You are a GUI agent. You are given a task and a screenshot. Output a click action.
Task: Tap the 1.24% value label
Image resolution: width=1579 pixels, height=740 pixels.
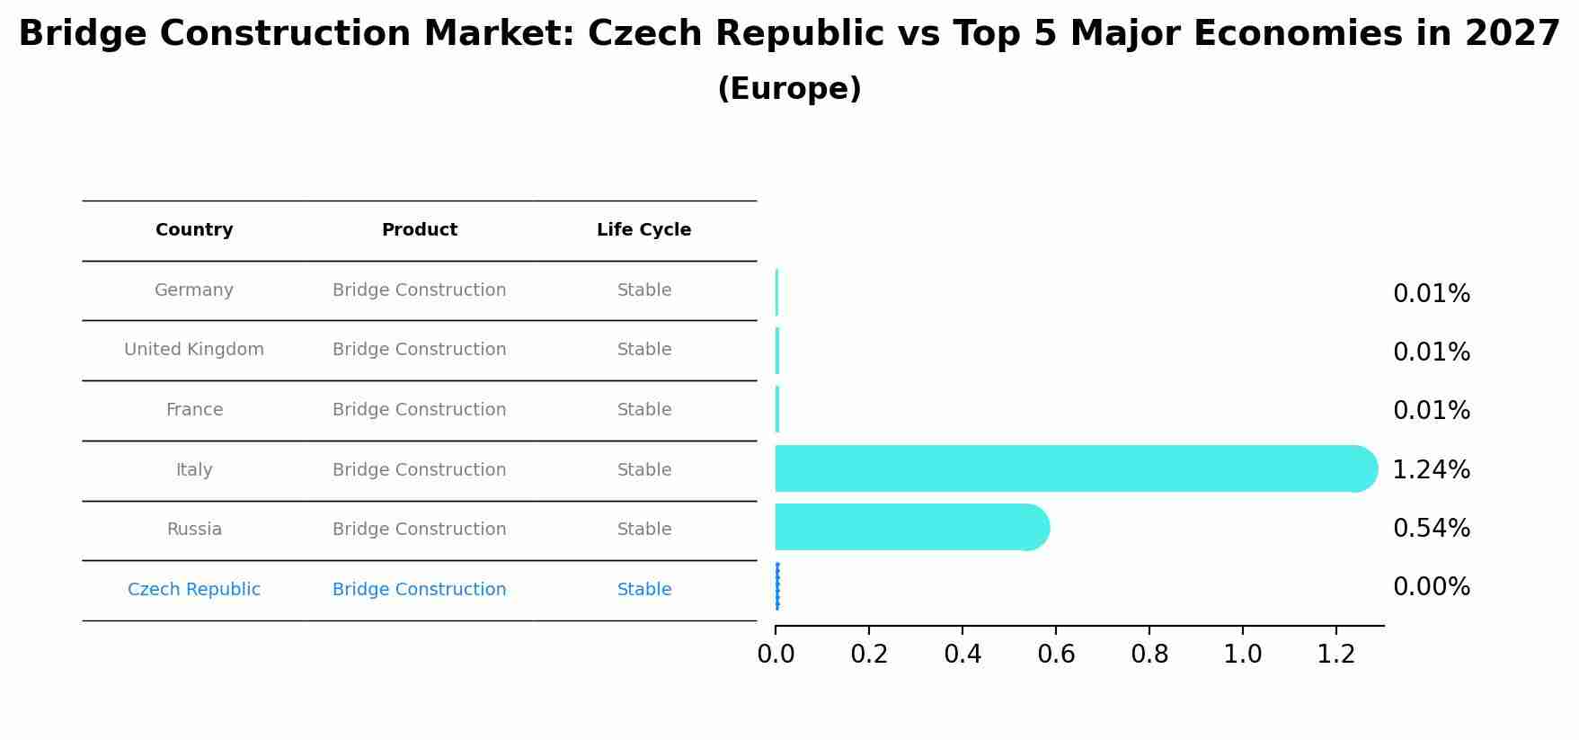coord(1431,470)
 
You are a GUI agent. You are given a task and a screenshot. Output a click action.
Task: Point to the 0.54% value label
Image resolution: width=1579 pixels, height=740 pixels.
coord(1431,529)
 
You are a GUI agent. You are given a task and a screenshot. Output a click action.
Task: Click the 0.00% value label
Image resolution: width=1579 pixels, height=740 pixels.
coord(1431,587)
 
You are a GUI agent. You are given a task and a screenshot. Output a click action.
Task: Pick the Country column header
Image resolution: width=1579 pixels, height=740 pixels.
coord(194,230)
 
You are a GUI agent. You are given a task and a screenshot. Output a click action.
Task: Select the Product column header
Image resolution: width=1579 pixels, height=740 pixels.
coord(419,230)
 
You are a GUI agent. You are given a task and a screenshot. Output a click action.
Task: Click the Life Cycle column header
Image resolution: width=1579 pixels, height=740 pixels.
coord(643,230)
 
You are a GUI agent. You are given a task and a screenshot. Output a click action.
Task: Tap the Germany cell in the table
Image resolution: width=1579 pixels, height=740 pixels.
coord(194,290)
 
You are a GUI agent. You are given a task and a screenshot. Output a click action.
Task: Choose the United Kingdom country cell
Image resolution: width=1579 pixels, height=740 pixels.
coord(194,350)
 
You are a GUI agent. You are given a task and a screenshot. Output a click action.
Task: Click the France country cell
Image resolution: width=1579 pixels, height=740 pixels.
coord(194,410)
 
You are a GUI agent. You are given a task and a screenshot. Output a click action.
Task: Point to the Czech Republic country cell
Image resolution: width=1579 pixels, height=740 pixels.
coord(194,590)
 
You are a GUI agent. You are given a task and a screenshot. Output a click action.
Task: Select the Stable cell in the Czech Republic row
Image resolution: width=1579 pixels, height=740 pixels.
coord(643,590)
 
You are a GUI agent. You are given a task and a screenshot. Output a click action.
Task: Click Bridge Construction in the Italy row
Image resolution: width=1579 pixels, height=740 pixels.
coord(419,470)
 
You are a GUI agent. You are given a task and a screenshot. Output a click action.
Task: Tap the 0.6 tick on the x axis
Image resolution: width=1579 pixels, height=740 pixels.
coord(1056,655)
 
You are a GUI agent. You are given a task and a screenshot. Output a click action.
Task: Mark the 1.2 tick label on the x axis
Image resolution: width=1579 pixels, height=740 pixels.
coord(1335,655)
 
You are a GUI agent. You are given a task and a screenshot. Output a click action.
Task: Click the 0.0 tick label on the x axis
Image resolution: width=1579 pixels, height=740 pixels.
coord(776,655)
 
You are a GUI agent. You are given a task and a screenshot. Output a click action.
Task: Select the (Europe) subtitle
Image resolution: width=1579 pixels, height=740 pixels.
coord(789,89)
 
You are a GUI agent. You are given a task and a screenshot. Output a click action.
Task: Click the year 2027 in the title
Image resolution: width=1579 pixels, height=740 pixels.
coord(1512,34)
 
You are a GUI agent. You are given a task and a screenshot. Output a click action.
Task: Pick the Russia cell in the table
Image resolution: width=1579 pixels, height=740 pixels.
coord(194,530)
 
